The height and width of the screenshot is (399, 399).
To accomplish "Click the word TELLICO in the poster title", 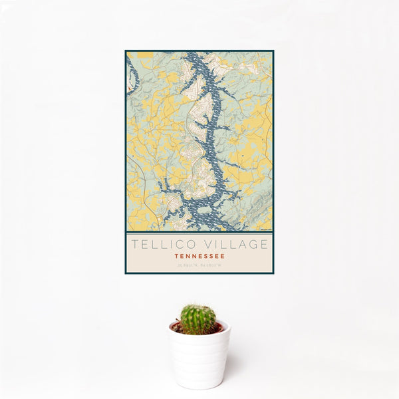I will click(157, 244).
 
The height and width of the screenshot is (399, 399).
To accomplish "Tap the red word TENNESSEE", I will click(199, 256).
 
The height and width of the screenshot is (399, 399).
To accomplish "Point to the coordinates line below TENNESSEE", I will click(199, 265).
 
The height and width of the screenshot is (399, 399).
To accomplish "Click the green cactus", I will click(198, 319).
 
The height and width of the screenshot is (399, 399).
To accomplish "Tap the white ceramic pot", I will click(199, 359).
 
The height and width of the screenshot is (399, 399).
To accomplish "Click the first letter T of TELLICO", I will click(134, 244).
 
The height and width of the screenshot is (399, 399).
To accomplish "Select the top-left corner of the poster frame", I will click(126, 51).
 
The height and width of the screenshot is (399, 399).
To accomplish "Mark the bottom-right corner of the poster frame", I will click(273, 273).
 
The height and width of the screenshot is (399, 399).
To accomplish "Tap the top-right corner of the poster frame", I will click(273, 51).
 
